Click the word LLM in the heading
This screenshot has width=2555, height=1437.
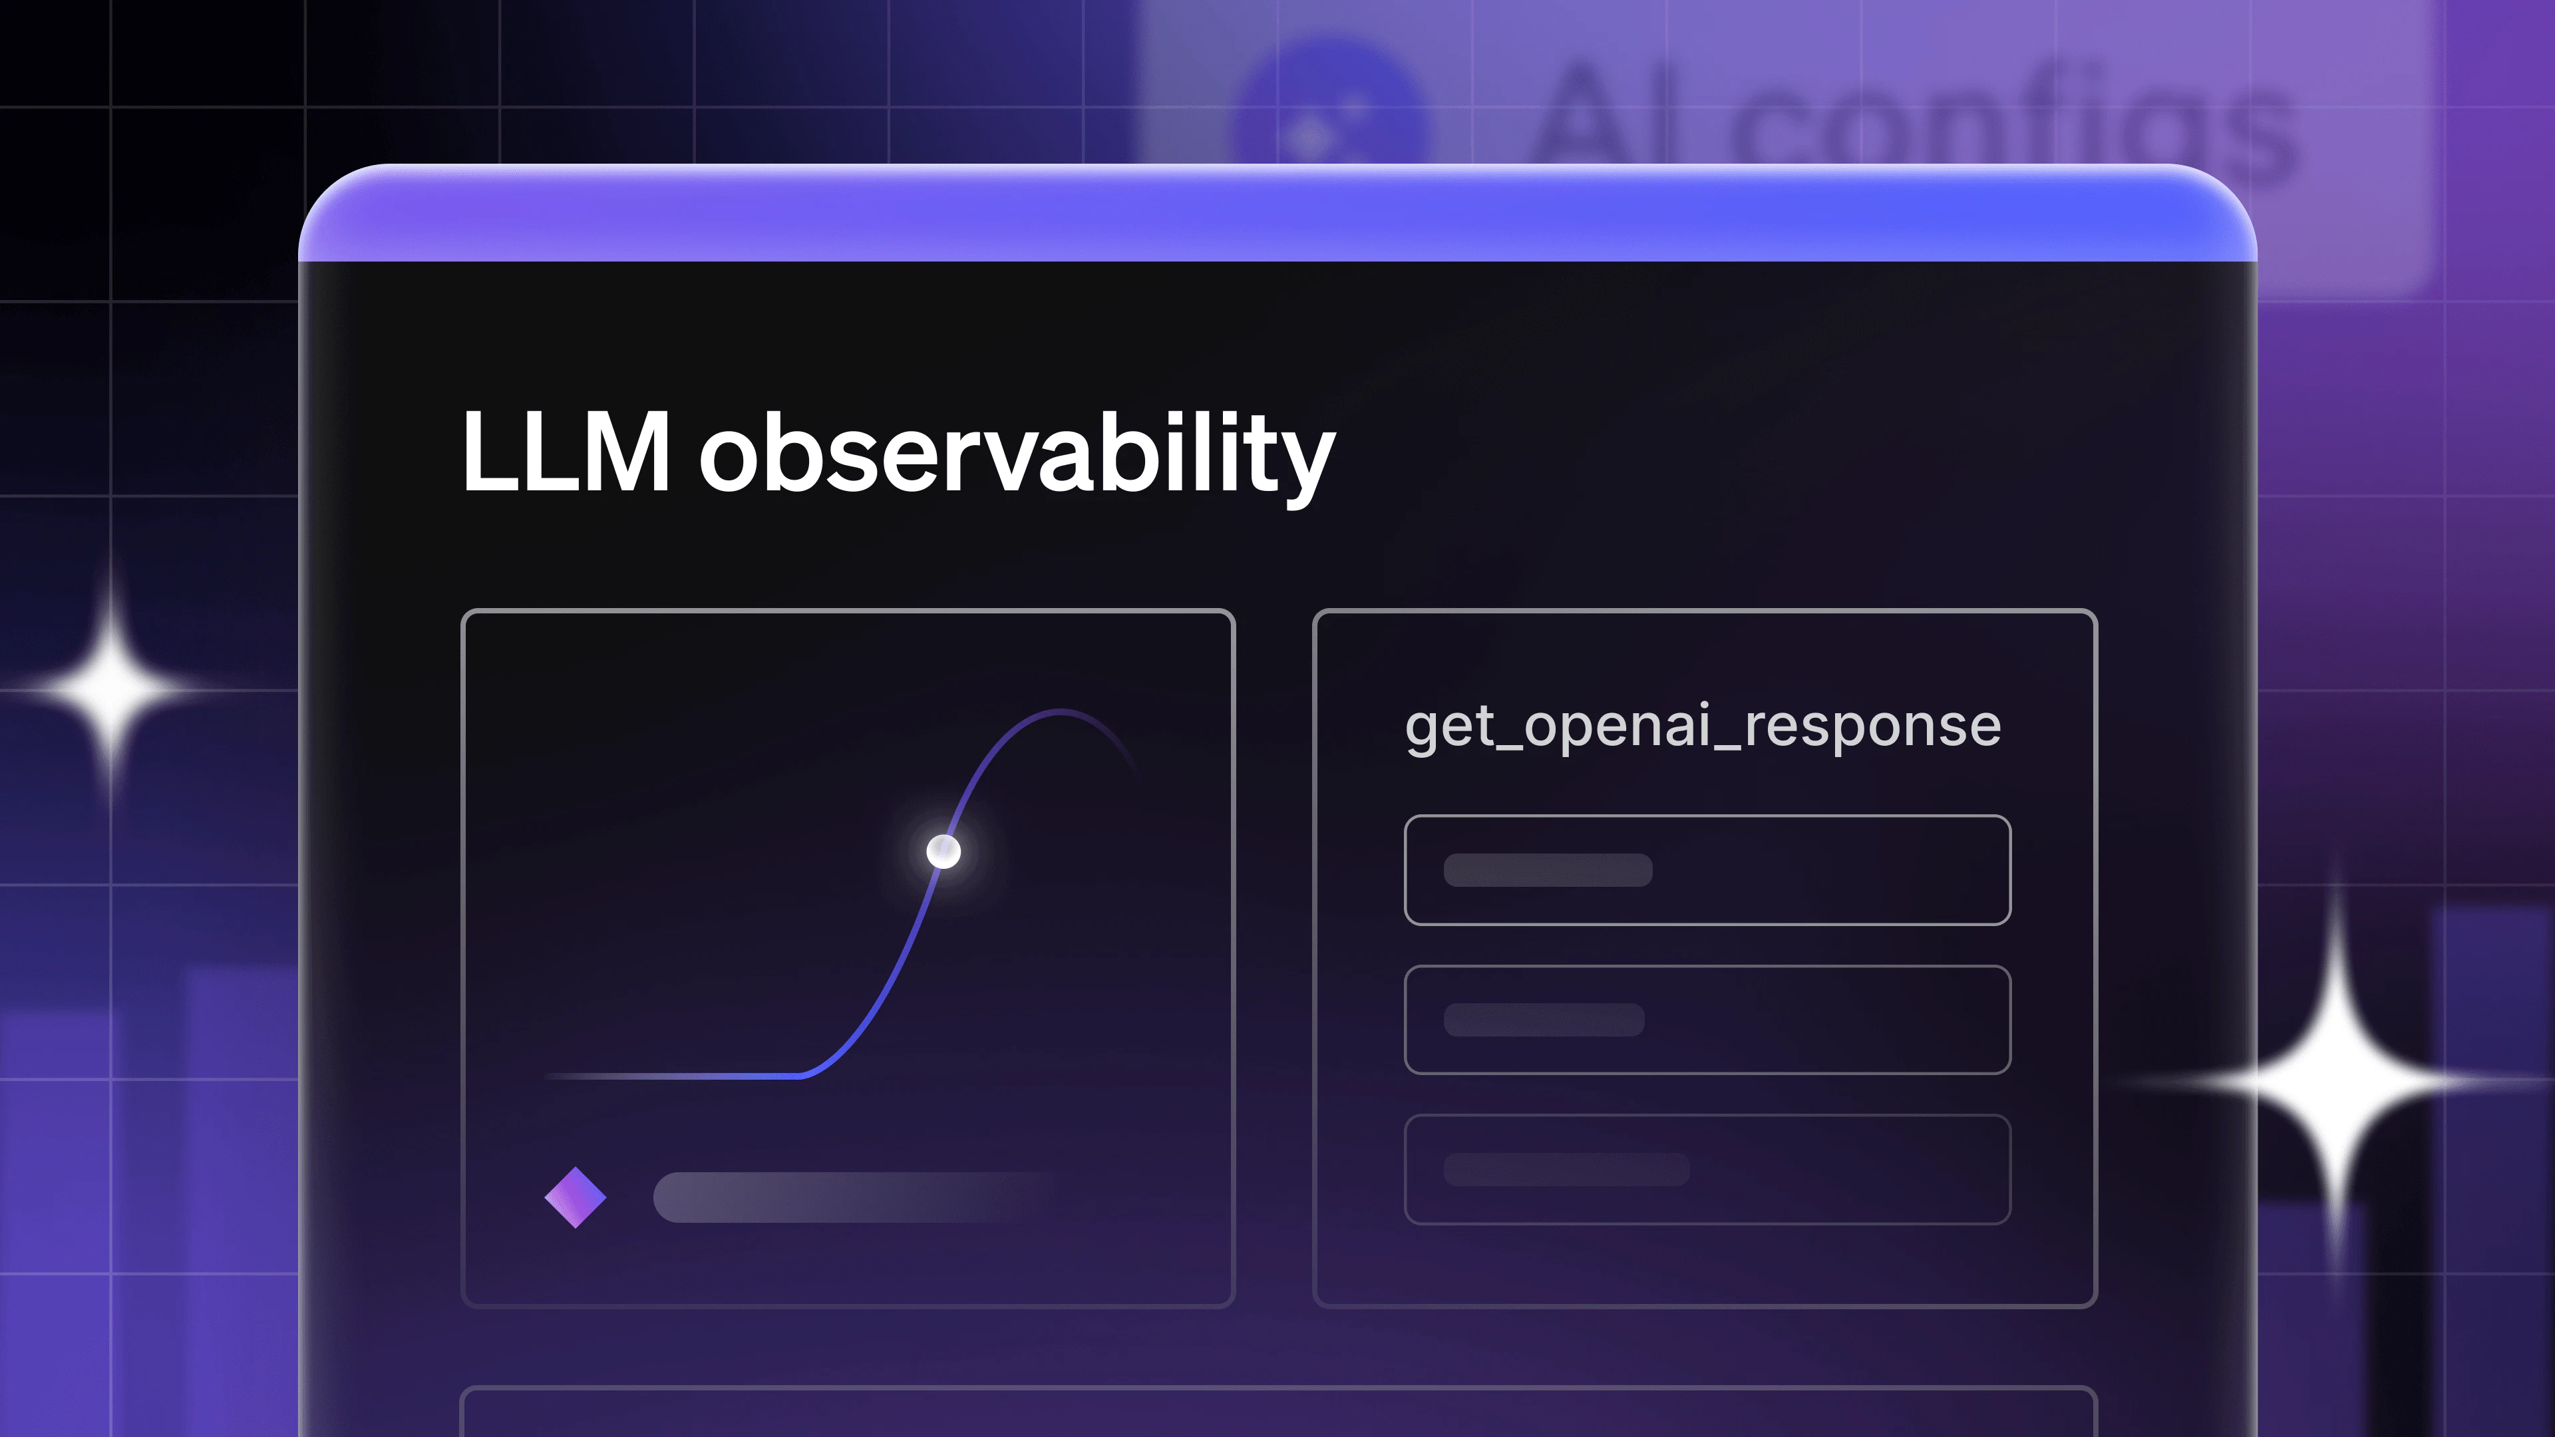coord(566,451)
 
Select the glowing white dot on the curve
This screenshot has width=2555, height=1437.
coord(943,851)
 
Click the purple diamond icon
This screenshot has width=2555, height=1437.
coord(576,1197)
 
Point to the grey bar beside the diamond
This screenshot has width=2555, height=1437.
coord(858,1197)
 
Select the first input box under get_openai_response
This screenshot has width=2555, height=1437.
coord(1707,870)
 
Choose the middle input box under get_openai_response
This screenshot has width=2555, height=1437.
coord(1707,1019)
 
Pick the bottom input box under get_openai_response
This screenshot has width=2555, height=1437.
coord(1707,1170)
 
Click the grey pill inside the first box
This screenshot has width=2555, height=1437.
coord(1547,870)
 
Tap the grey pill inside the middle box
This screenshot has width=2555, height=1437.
coord(1544,1019)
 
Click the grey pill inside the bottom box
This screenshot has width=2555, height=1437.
coord(1566,1170)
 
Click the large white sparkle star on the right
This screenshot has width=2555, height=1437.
coord(2336,1081)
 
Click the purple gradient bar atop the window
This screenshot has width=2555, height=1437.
coord(1277,213)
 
